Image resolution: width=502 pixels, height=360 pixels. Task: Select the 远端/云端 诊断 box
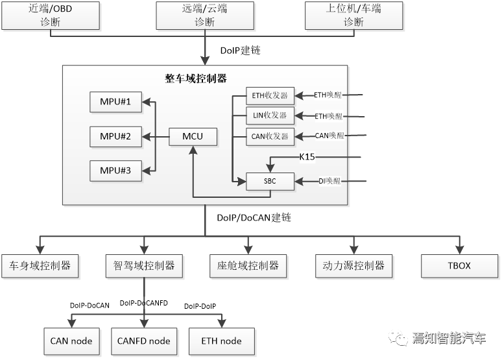(205, 16)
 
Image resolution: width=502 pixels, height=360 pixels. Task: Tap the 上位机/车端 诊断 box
(353, 16)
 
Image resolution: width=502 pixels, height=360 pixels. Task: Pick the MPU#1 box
(115, 102)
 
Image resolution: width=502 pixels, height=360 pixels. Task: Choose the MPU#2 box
(115, 136)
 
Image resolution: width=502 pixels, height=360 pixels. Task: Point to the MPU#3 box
(115, 171)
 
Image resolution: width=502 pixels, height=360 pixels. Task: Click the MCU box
(193, 137)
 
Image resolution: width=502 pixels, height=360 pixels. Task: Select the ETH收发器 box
(270, 96)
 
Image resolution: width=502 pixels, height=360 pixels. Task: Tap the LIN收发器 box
(270, 116)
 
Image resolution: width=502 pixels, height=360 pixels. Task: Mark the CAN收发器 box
(270, 136)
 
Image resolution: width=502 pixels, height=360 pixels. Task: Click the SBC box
(270, 181)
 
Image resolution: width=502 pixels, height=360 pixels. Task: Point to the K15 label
(307, 156)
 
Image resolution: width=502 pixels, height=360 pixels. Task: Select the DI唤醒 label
(330, 181)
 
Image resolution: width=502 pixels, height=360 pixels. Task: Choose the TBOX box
(460, 266)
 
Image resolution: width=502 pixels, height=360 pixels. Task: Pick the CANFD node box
(144, 341)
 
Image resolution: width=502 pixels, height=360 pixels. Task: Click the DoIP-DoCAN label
(90, 305)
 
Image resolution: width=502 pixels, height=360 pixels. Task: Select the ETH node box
(222, 341)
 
